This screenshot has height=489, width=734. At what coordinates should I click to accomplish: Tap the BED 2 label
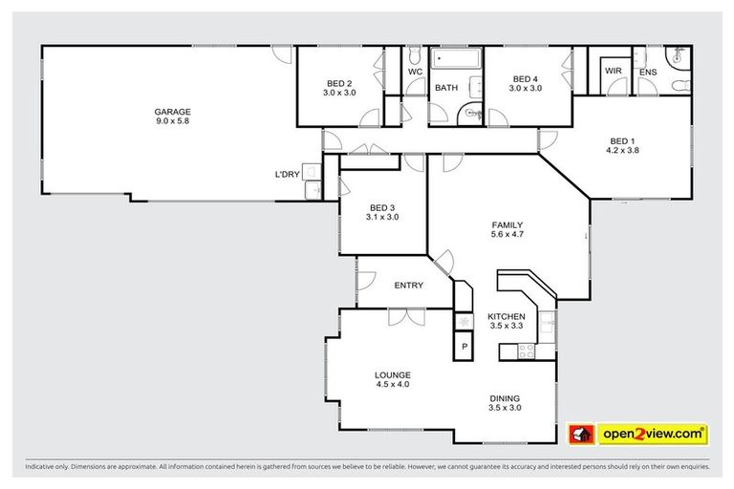pos(338,82)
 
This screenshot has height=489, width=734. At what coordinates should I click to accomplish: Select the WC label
pos(415,72)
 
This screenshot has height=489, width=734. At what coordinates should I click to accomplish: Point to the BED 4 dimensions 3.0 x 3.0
pos(525,89)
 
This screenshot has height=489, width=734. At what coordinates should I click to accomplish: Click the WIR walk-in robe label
pos(612,72)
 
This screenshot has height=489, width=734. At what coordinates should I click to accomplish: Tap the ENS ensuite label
pos(647,72)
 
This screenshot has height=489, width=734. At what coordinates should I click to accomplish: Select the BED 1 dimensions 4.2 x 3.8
pos(621,150)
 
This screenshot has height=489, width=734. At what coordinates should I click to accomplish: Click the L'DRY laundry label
pos(287,174)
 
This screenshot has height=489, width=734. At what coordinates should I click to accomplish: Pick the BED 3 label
pos(381,207)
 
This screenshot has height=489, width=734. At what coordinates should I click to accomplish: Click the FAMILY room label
pos(506,225)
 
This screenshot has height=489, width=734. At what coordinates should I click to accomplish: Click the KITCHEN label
pos(506,316)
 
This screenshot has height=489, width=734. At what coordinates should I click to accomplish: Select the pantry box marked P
pos(464,346)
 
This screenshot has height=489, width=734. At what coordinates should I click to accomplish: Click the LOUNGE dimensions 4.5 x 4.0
pos(392,384)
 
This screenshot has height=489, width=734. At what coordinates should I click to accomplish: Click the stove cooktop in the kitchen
pos(526,351)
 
